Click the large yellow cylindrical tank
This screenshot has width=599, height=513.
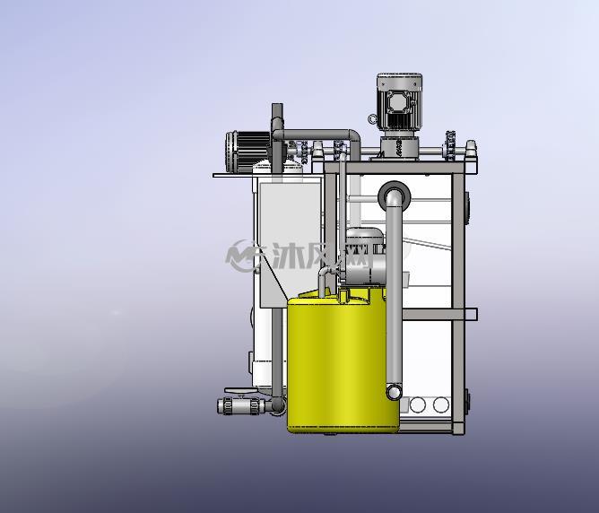click(342, 363)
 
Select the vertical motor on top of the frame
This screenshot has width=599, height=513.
click(399, 102)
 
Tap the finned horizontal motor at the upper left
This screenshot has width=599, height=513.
click(248, 147)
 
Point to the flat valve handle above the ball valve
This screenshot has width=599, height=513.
click(240, 390)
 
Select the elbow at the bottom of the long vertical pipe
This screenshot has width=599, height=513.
click(394, 392)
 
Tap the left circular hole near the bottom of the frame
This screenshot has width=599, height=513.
click(418, 404)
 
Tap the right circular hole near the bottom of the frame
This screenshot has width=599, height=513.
click(441, 404)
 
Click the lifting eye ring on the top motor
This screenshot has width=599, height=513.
click(372, 119)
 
